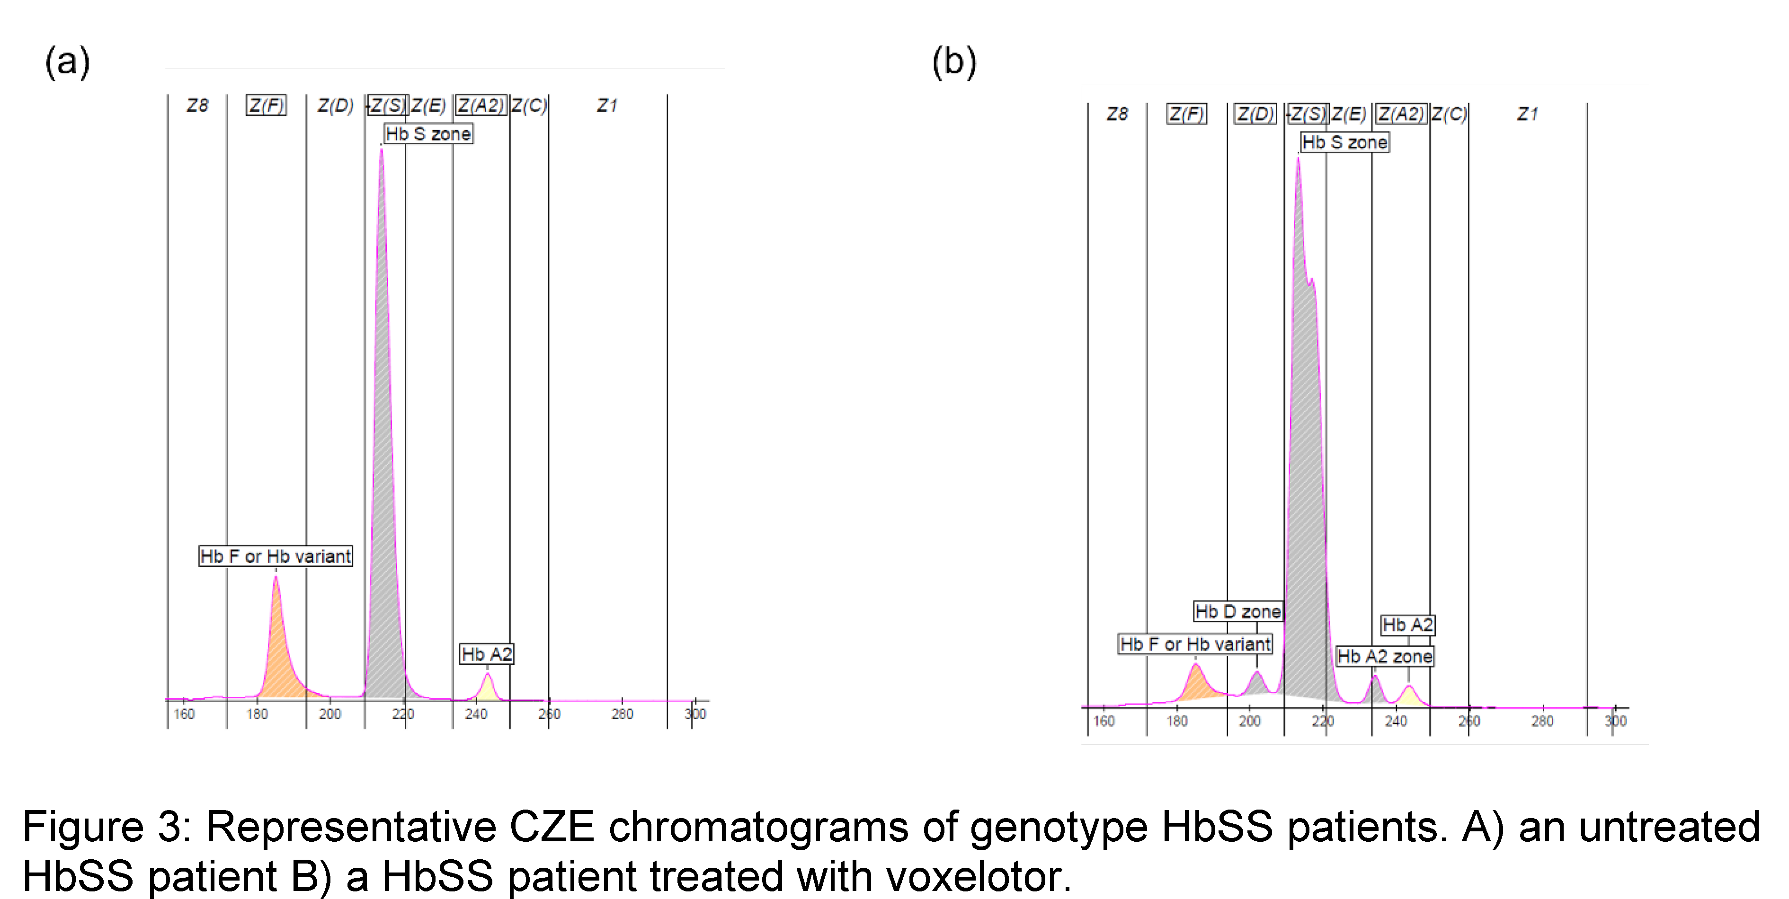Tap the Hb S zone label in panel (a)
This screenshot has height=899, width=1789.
tap(428, 133)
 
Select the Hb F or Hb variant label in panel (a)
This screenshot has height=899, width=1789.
tap(276, 556)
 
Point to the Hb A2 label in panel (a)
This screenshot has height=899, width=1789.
tap(487, 654)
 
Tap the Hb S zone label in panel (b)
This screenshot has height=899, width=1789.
tap(1344, 142)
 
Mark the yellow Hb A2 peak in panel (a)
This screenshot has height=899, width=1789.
tap(488, 689)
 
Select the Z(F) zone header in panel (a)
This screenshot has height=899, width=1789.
tap(266, 106)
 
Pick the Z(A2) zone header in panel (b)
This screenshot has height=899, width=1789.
tap(1401, 114)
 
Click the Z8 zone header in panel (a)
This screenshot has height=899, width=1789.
tap(197, 106)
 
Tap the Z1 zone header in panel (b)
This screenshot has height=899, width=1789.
tap(1527, 114)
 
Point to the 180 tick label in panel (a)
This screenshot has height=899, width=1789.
tap(257, 714)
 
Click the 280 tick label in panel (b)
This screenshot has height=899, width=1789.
tap(1542, 721)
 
